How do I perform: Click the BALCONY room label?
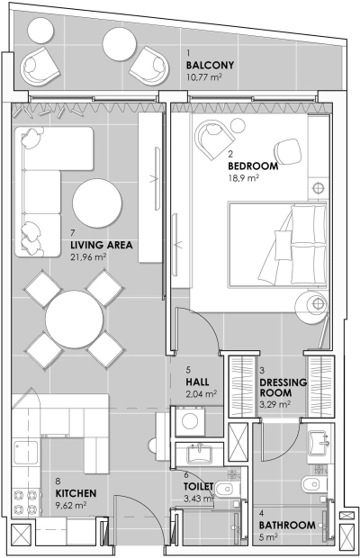[210, 65]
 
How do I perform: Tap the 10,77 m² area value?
[204, 77]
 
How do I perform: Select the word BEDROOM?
[254, 166]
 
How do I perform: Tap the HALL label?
[197, 382]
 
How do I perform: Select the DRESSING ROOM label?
[283, 387]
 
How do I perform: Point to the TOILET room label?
[199, 486]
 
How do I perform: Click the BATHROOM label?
[287, 525]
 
